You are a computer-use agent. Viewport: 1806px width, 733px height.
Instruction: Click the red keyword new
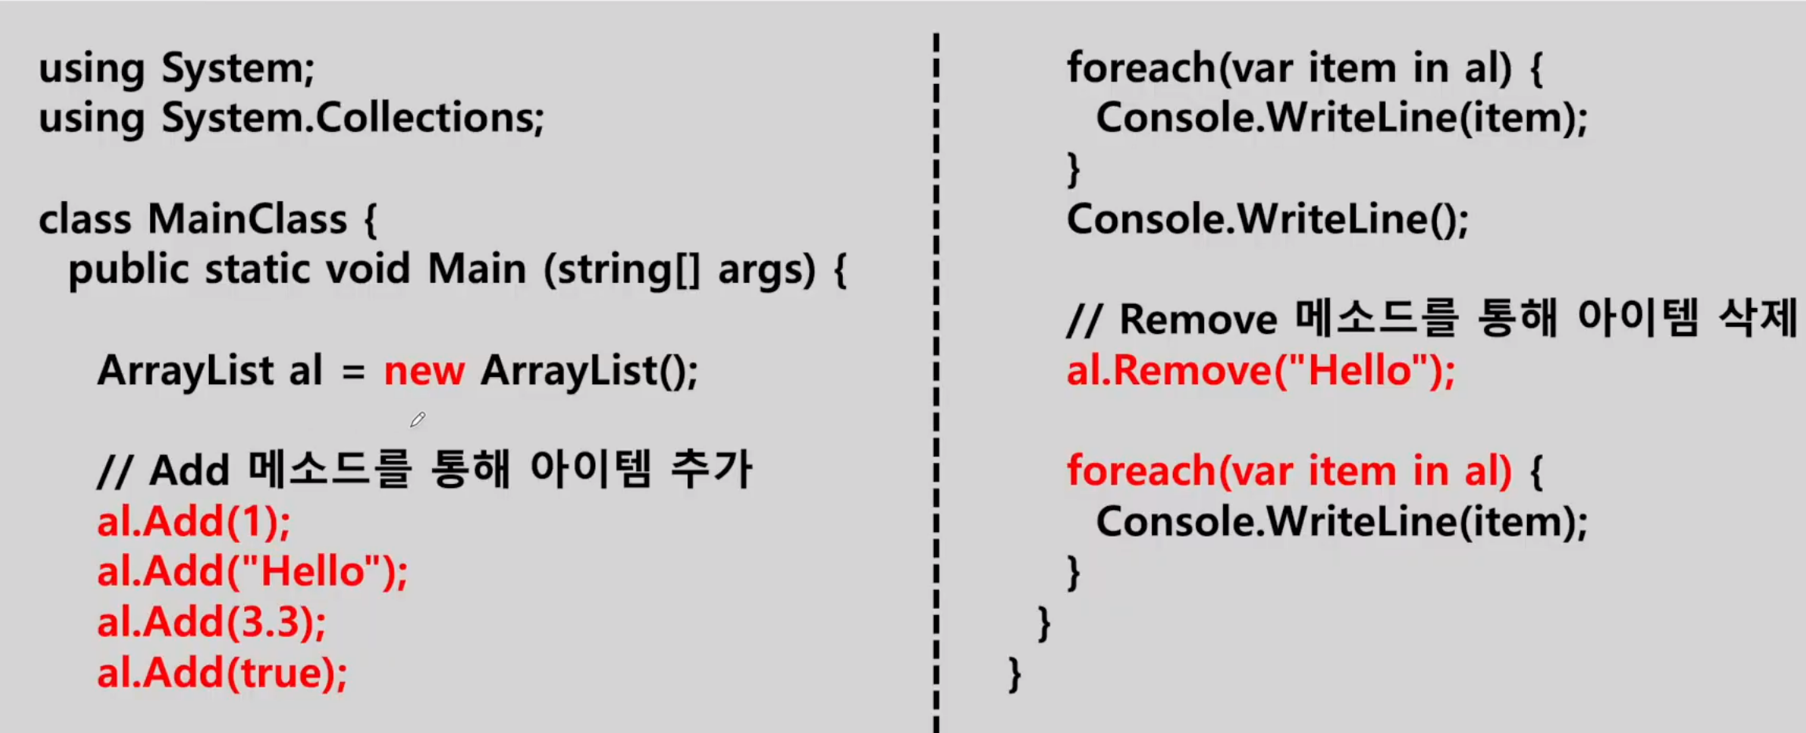pos(423,371)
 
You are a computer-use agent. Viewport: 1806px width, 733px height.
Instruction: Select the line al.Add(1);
pos(193,522)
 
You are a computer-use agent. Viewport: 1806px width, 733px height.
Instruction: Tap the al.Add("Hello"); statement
pos(252,572)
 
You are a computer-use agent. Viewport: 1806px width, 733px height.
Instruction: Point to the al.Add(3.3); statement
pos(211,622)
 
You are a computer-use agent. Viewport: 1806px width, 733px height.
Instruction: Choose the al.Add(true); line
pos(222,673)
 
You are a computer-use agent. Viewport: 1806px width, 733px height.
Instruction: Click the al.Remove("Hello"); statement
pos(1260,371)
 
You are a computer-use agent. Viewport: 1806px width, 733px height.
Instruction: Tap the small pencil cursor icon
pos(417,420)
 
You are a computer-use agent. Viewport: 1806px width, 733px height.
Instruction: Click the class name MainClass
pos(247,219)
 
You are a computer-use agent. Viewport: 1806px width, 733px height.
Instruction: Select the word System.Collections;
pos(353,119)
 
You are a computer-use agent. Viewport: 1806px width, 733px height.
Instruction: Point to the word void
pos(368,269)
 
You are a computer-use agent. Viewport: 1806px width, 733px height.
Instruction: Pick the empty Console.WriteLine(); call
pos(1267,219)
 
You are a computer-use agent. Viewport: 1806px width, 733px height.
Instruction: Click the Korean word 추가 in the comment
pos(711,470)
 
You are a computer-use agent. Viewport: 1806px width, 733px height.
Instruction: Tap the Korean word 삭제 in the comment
pos(1757,319)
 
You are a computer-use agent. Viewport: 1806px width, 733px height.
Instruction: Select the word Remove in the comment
pos(1199,321)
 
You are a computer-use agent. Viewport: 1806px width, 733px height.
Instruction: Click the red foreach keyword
pos(1141,471)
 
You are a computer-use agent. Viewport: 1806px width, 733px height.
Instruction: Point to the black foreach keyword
pos(1141,68)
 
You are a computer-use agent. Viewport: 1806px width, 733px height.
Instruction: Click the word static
pos(257,269)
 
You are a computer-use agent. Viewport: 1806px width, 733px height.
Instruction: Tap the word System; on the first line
pos(238,69)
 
